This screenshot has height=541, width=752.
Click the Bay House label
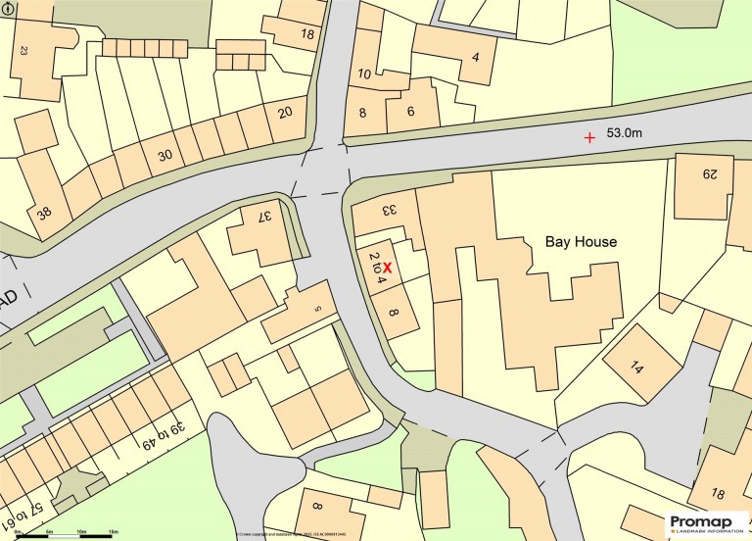click(x=581, y=241)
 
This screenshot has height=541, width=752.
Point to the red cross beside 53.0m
click(x=589, y=138)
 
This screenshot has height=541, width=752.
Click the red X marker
click(x=388, y=267)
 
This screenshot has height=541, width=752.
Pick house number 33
click(x=388, y=210)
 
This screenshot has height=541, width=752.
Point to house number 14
click(x=637, y=369)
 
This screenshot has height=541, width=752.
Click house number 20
click(x=285, y=113)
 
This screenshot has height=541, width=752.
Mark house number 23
click(x=23, y=49)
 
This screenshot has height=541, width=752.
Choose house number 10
click(x=364, y=74)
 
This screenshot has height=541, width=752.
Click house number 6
click(x=411, y=113)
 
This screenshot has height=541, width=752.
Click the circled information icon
click(x=9, y=9)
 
